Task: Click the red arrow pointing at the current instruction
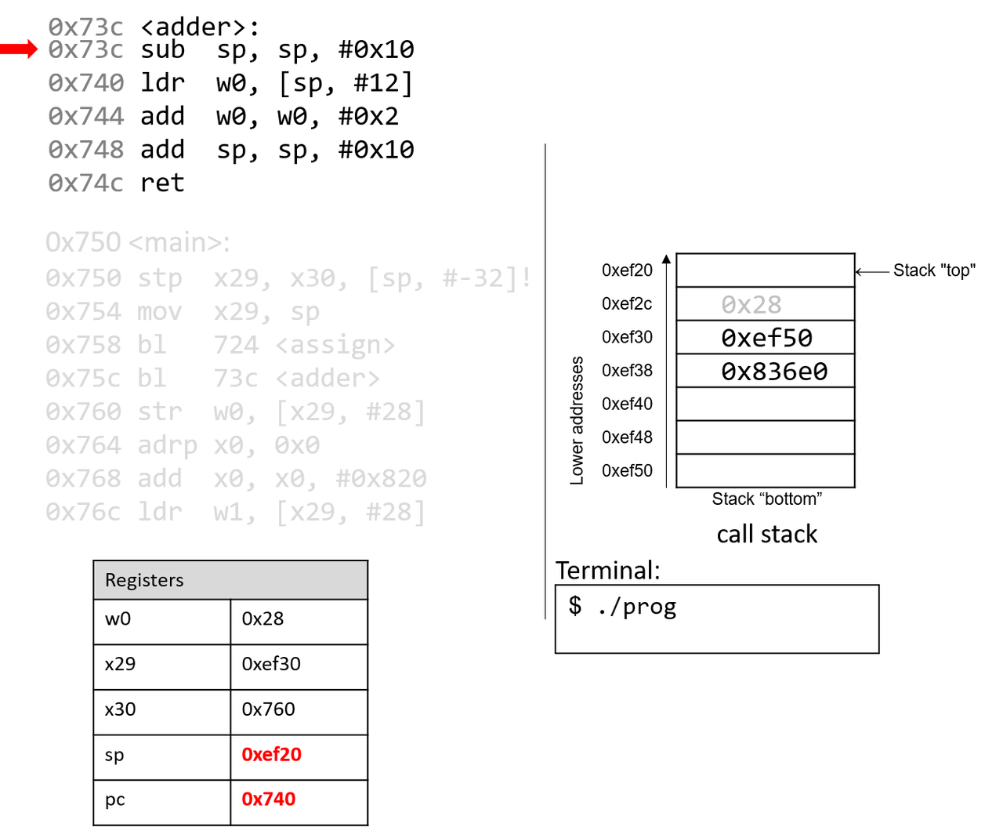coord(19,50)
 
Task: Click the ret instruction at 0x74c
coord(162,183)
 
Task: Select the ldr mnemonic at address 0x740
coord(162,83)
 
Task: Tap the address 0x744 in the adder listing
coord(85,117)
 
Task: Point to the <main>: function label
coord(179,243)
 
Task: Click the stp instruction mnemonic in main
coord(160,278)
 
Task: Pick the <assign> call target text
coord(335,345)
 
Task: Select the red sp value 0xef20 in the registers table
coord(271,754)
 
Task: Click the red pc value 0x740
coord(268,799)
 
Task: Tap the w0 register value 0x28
coord(263,618)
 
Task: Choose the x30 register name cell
coord(120,709)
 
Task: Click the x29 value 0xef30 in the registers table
coord(270,664)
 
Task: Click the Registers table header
coord(144,580)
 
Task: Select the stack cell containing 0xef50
coord(766,338)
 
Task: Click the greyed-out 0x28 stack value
coord(751,304)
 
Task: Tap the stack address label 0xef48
coord(627,437)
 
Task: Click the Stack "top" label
coord(934,270)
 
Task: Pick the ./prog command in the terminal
coord(636,607)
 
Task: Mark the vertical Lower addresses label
coord(578,420)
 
